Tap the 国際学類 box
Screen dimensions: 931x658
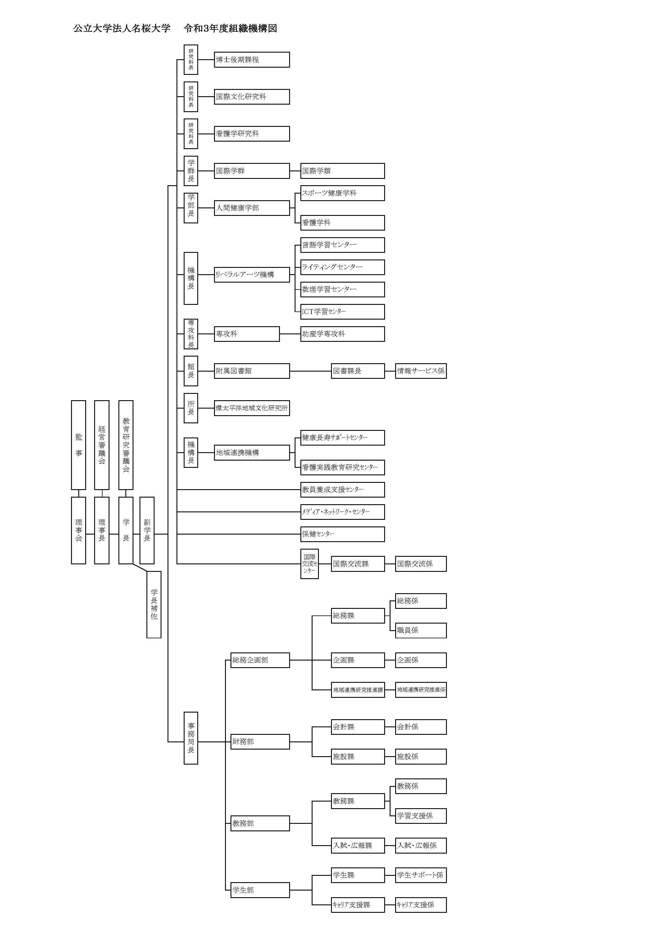[342, 171]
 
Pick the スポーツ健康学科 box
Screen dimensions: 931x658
[342, 193]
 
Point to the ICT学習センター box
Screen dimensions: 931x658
[342, 311]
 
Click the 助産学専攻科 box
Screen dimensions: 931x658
[342, 334]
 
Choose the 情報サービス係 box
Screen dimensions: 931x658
[421, 371]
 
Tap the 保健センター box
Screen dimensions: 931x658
[342, 534]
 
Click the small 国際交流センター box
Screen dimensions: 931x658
[309, 564]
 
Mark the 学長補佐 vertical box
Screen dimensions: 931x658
[154, 604]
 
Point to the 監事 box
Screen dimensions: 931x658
[78, 445]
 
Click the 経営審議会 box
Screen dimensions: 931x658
[101, 445]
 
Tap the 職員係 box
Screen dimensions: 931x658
[421, 630]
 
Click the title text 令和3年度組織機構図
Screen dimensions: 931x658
[230, 28]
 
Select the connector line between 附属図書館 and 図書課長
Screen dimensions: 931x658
[310, 371]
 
